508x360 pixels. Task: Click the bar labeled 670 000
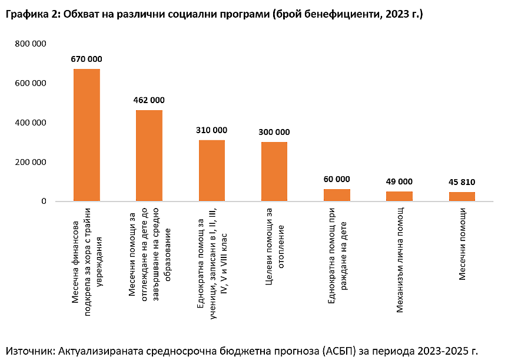(87, 135)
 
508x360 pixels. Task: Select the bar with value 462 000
(149, 156)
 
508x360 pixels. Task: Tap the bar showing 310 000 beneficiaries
(212, 170)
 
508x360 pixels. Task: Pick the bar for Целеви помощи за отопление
(274, 171)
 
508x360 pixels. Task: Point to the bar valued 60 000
(337, 195)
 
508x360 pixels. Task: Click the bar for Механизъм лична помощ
(399, 196)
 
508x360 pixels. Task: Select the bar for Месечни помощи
(462, 197)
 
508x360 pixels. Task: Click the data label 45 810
(462, 182)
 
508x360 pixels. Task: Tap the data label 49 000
(399, 181)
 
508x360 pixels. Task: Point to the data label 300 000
(274, 132)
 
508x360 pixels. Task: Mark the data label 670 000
(87, 59)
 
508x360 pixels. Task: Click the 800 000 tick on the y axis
(31, 44)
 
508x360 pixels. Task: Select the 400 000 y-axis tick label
(31, 123)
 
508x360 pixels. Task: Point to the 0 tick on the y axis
(44, 202)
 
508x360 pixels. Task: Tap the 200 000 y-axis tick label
(31, 162)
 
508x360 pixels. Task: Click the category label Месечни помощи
(463, 243)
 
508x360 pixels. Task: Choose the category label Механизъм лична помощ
(400, 259)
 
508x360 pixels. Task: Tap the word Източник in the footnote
(29, 350)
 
